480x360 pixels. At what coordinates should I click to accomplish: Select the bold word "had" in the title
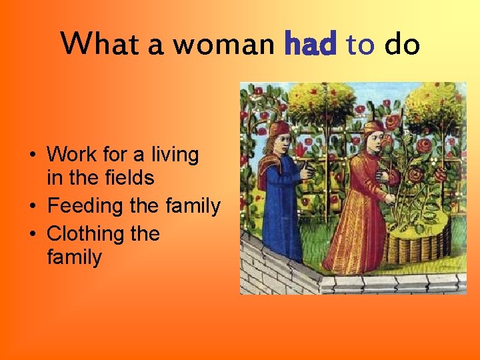pos(310,45)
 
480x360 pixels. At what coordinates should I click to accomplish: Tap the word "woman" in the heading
pos(223,45)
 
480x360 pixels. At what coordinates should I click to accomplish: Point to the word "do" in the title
pos(402,45)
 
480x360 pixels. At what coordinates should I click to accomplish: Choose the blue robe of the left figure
pos(284,200)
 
